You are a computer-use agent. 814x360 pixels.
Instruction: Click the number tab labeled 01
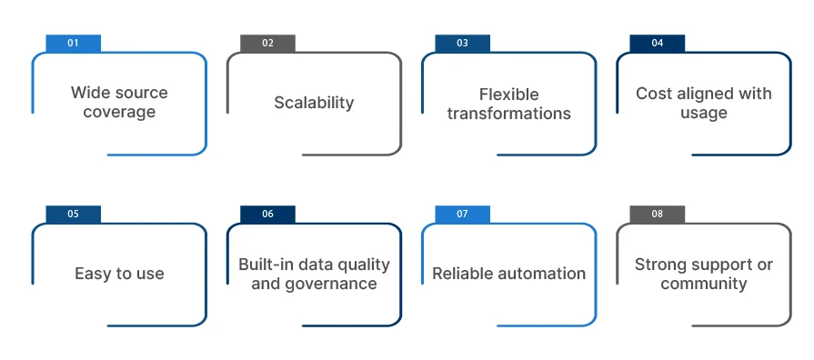click(73, 44)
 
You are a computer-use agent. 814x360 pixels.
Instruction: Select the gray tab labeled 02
click(267, 44)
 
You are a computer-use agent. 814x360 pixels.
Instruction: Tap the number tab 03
click(462, 44)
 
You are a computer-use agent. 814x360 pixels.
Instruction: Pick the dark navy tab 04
click(657, 44)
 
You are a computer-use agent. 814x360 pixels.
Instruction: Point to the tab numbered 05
click(73, 215)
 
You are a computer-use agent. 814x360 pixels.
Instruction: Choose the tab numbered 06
click(267, 215)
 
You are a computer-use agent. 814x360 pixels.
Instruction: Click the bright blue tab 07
click(462, 215)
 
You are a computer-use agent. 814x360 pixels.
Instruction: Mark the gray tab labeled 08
click(657, 215)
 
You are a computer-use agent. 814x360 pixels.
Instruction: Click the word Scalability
click(314, 103)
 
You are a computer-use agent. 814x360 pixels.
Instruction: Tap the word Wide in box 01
click(91, 93)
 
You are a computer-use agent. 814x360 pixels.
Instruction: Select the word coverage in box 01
click(119, 113)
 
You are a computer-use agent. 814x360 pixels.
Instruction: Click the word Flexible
click(508, 95)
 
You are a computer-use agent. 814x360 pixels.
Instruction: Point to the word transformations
click(508, 114)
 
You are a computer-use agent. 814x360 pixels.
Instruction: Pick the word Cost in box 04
click(654, 94)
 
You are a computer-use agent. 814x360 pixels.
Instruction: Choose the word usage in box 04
click(703, 113)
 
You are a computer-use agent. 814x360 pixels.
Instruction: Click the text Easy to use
click(119, 274)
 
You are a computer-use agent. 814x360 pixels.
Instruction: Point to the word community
click(703, 284)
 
